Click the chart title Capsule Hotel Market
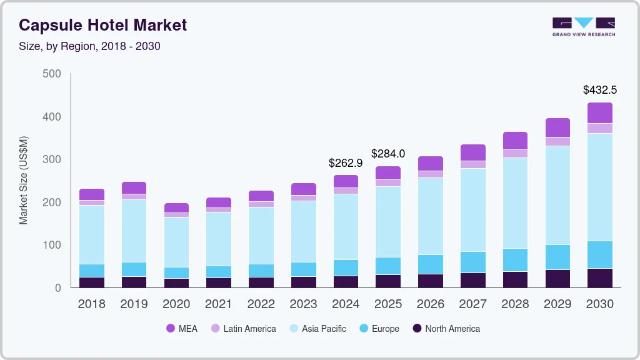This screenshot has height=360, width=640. pyautogui.click(x=103, y=26)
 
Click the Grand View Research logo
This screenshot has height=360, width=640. pyautogui.click(x=583, y=26)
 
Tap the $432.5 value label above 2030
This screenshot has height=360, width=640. pyautogui.click(x=600, y=90)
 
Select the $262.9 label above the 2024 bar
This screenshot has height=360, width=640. pyautogui.click(x=346, y=163)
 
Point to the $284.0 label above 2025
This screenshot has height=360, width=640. pyautogui.click(x=388, y=154)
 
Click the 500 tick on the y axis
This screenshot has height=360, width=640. pyautogui.click(x=52, y=74)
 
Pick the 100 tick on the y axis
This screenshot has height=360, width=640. pyautogui.click(x=52, y=245)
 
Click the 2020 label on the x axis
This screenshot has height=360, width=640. pyautogui.click(x=176, y=304)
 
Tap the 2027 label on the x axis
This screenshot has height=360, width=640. pyautogui.click(x=473, y=304)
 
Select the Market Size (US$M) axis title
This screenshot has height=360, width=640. pyautogui.click(x=24, y=180)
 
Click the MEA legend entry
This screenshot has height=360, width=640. pyautogui.click(x=181, y=329)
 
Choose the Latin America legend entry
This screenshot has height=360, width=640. pyautogui.click(x=243, y=329)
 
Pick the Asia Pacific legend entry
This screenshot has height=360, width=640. pyautogui.click(x=317, y=329)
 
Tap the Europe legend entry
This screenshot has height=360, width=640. pyautogui.click(x=379, y=329)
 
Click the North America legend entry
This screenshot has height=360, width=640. pyautogui.click(x=446, y=329)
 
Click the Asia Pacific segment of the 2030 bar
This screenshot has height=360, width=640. pyautogui.click(x=600, y=187)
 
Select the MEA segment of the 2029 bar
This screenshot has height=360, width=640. pyautogui.click(x=557, y=127)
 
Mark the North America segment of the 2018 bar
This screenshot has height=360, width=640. pyautogui.click(x=92, y=282)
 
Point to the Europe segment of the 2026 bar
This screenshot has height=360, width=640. pyautogui.click(x=431, y=264)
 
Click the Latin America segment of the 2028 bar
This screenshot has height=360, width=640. pyautogui.click(x=515, y=154)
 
